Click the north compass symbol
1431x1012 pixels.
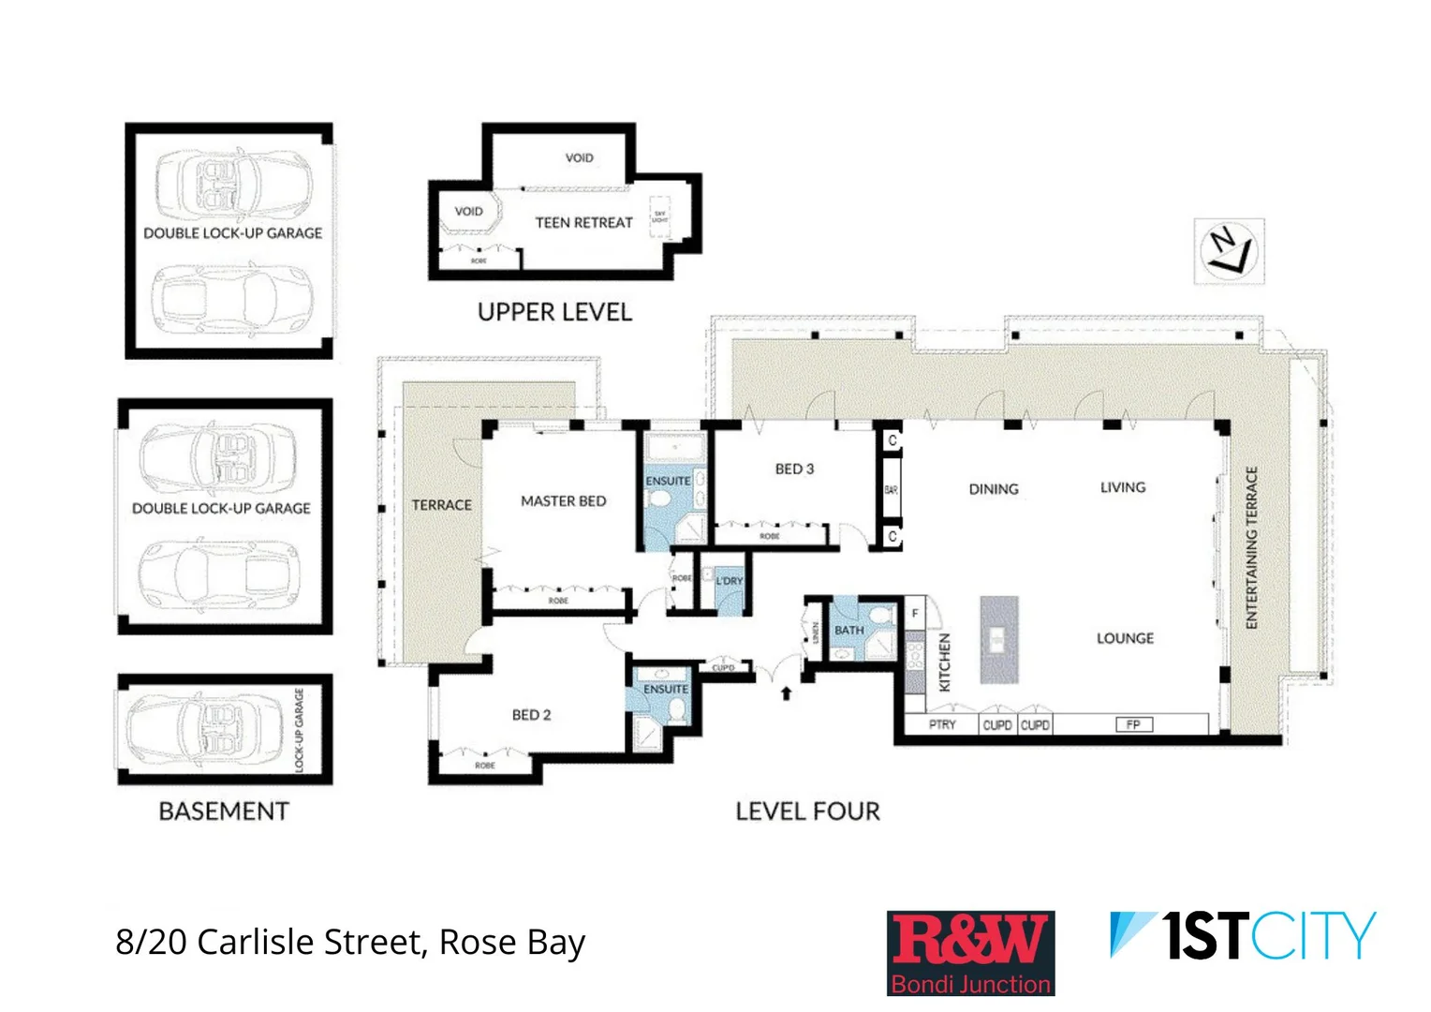click(1229, 250)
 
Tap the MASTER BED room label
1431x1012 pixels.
click(563, 501)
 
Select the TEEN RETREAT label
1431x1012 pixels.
click(583, 223)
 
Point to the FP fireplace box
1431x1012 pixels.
click(1133, 724)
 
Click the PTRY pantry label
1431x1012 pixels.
click(942, 724)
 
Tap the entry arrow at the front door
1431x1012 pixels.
click(786, 693)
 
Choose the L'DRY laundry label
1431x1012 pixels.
click(729, 581)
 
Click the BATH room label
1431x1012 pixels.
click(848, 631)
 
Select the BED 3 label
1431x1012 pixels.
click(794, 469)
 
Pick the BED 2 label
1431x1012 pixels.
click(531, 715)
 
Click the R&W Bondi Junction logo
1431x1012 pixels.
click(970, 952)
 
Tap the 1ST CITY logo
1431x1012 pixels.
click(1242, 936)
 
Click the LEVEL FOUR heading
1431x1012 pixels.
click(807, 811)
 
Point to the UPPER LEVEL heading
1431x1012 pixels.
click(554, 312)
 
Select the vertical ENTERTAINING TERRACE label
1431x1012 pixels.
click(1251, 547)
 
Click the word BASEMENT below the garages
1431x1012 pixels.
click(224, 811)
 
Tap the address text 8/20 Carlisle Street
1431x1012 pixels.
click(350, 942)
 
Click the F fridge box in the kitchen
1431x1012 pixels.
click(915, 614)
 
